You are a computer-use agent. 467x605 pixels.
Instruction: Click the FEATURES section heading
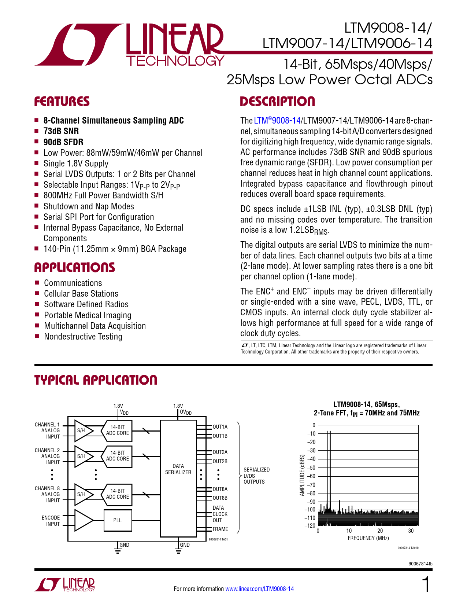(62, 101)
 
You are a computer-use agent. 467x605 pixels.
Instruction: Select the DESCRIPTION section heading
(277, 101)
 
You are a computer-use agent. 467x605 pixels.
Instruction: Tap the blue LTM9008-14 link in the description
(277, 120)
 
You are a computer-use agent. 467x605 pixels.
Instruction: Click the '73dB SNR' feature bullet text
(61, 131)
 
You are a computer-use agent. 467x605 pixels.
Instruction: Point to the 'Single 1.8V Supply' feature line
(76, 164)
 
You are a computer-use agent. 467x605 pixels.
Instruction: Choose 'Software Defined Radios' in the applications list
(86, 304)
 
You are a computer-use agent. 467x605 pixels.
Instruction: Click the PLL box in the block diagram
(118, 520)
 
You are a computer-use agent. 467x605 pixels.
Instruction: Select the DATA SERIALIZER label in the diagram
(178, 469)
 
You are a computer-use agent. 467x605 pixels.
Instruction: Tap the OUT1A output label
(220, 427)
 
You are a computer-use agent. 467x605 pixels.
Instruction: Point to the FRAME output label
(220, 529)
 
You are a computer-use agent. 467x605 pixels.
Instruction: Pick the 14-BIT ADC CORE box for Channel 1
(117, 431)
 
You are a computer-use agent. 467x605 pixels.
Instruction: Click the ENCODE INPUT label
(51, 521)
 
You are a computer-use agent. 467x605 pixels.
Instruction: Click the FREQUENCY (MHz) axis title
(368, 538)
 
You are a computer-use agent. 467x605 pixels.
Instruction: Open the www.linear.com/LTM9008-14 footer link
(260, 589)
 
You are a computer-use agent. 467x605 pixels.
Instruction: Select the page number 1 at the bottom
(426, 584)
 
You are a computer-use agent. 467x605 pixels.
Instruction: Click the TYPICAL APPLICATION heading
(96, 380)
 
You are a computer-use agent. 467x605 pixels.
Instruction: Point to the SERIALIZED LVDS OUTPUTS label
(256, 476)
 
